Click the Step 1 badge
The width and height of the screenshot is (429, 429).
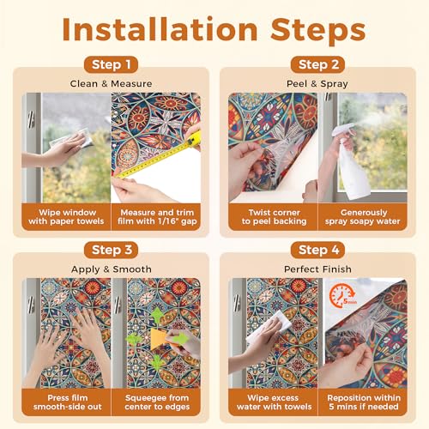[x=111, y=64]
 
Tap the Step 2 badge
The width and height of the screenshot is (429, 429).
[x=317, y=64]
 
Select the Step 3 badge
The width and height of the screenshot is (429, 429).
[x=111, y=250]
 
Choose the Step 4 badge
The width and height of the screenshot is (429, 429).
[x=317, y=250]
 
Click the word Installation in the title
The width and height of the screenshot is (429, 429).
[x=160, y=29]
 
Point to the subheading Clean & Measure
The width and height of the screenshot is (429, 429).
[x=111, y=84]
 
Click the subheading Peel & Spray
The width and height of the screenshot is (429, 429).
[x=317, y=84]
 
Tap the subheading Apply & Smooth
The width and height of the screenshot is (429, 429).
[x=112, y=269]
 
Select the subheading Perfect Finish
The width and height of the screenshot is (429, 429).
[x=317, y=269]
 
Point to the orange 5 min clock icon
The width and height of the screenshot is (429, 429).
[x=342, y=296]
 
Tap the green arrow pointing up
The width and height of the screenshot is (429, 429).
[x=157, y=316]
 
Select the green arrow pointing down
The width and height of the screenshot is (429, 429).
[x=157, y=362]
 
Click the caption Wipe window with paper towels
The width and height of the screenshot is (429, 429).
[x=66, y=217]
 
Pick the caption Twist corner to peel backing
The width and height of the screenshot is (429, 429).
[x=274, y=217]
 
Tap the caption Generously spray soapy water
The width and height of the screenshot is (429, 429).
[x=363, y=217]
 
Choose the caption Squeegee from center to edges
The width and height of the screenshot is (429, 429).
[x=157, y=402]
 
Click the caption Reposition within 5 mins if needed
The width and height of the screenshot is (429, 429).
[x=364, y=402]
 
